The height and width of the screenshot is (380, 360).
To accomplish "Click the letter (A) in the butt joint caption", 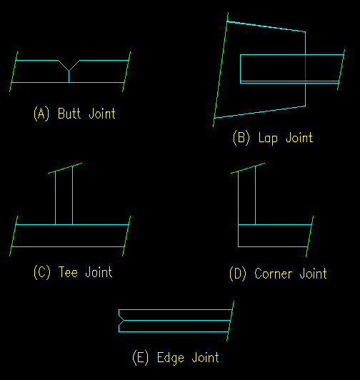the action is click(41, 114).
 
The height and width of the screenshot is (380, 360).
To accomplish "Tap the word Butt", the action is click(69, 113).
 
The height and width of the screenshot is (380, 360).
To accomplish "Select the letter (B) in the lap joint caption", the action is click(241, 138).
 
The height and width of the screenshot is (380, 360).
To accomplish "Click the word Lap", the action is click(268, 138).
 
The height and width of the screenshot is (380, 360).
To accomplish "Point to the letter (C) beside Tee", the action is click(42, 272).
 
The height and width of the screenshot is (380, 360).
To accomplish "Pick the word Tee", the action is click(68, 272).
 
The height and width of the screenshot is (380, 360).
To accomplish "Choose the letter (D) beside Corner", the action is click(238, 274).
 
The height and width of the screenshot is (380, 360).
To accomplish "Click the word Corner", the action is click(273, 274).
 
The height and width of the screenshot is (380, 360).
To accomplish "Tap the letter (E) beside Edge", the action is click(141, 357).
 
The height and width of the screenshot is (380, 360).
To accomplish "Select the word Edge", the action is click(171, 358).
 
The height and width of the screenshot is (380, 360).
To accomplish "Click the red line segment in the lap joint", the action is click(305, 68).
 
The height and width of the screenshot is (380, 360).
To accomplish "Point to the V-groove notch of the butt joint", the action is click(69, 66).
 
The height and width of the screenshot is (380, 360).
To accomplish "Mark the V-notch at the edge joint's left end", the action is click(121, 321).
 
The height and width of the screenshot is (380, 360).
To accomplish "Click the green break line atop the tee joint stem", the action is click(65, 168).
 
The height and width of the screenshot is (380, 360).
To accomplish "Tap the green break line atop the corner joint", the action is click(248, 168).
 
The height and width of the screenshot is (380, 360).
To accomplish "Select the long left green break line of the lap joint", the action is click(221, 69).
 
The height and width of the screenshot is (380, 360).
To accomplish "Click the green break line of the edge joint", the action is click(230, 321).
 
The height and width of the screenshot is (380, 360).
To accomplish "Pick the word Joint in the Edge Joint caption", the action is click(205, 358).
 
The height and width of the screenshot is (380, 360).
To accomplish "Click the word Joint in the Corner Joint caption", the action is click(313, 274).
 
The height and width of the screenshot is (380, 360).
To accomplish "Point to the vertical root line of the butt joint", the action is click(69, 77).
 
